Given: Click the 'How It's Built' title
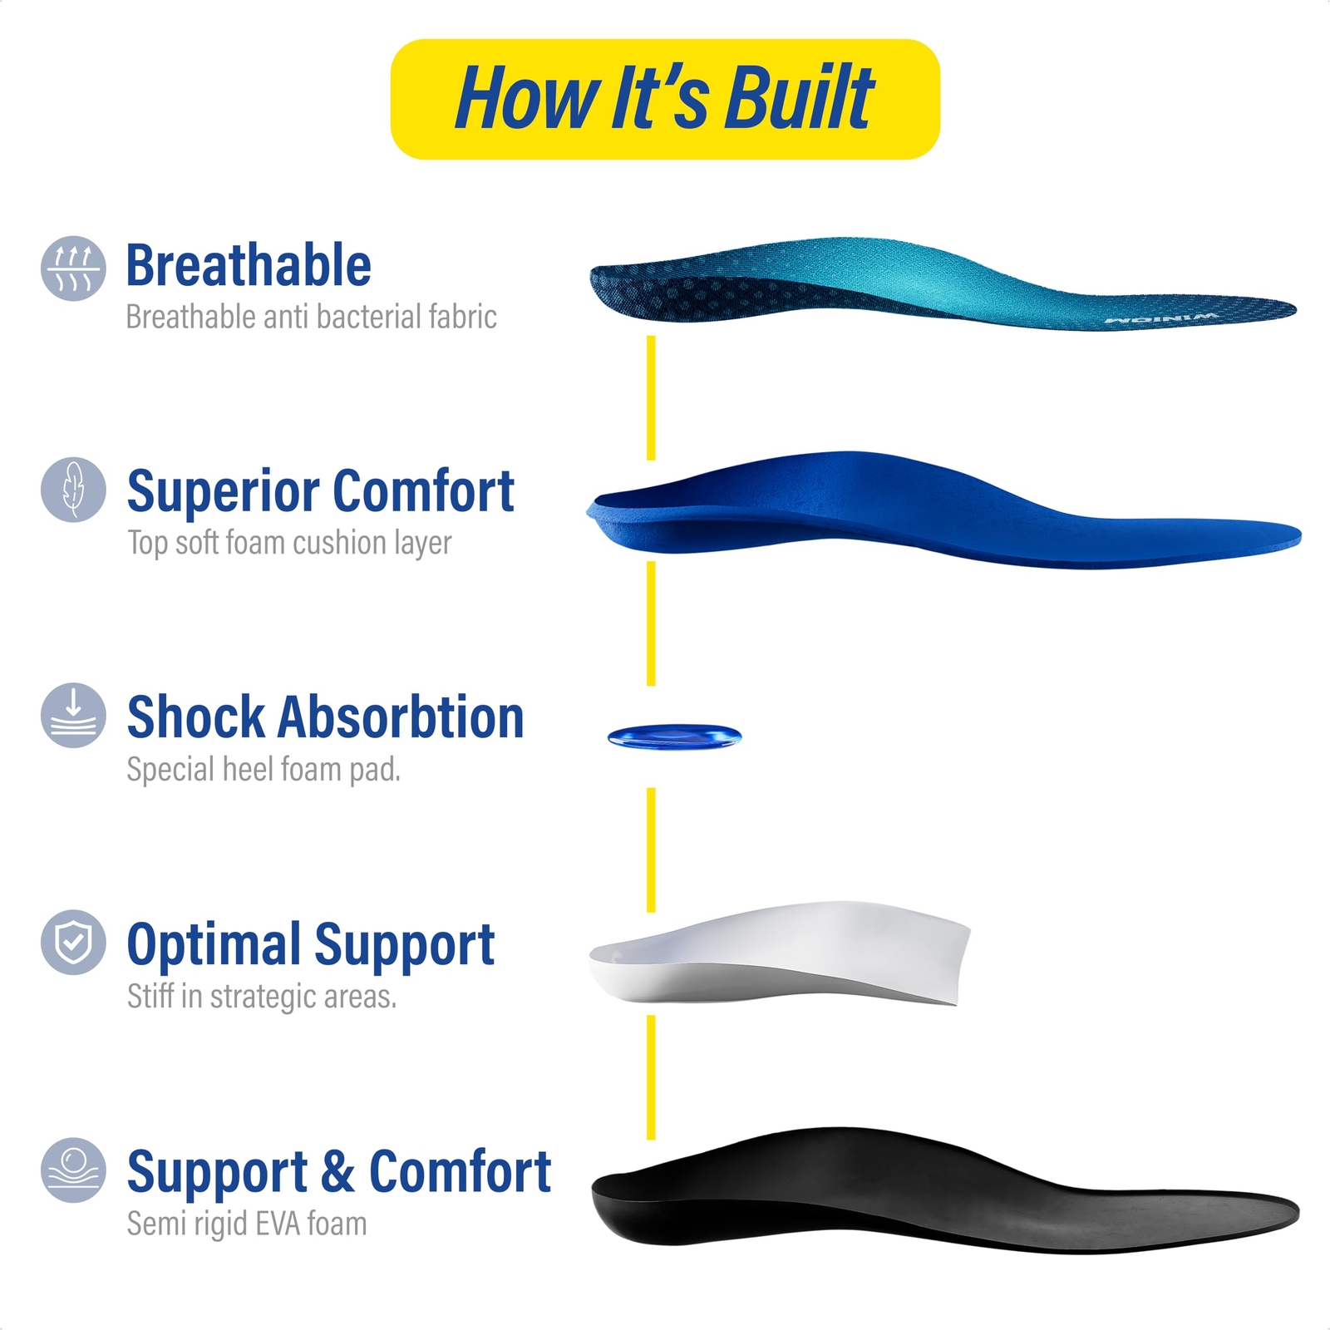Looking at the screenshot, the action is [x=664, y=98].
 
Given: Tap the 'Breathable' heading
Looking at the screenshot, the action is [x=249, y=265].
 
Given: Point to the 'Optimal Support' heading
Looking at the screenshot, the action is [x=311, y=946].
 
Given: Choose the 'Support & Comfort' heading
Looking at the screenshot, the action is [x=339, y=1173].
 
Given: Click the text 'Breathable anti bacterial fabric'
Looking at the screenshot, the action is [x=311, y=317].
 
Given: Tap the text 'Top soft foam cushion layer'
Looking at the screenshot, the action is [x=289, y=544].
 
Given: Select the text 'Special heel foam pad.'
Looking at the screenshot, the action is [x=264, y=770].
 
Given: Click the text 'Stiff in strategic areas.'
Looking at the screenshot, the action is [x=262, y=997].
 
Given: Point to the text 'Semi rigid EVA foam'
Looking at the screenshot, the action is [x=247, y=1224].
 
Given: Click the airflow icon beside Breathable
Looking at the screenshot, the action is [x=73, y=268].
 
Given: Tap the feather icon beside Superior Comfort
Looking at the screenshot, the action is [x=73, y=490].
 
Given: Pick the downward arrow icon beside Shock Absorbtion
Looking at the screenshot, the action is [x=73, y=716].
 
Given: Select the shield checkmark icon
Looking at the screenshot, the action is [x=73, y=943].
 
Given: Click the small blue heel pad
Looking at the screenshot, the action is [x=674, y=736].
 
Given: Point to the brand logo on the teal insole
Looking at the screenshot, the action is [x=1161, y=318].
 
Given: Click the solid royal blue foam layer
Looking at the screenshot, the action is [x=943, y=510].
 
